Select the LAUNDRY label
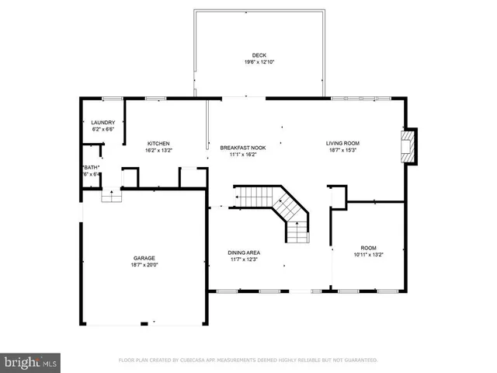coord(103,122)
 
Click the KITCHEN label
coord(158,144)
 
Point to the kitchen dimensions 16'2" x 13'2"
coord(158,150)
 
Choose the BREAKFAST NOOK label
coord(242,148)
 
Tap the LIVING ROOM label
coord(342,144)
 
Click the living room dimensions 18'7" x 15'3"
coord(342,150)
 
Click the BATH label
coord(91,168)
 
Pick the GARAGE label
coord(144,258)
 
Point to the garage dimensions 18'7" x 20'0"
coord(144,264)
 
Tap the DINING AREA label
coord(243,253)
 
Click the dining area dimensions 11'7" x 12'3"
coord(243,259)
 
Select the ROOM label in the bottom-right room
coord(368,246)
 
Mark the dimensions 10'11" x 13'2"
coord(368,253)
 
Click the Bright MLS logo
coord(30,361)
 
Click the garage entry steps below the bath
coord(113,197)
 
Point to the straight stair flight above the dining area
coord(252,198)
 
